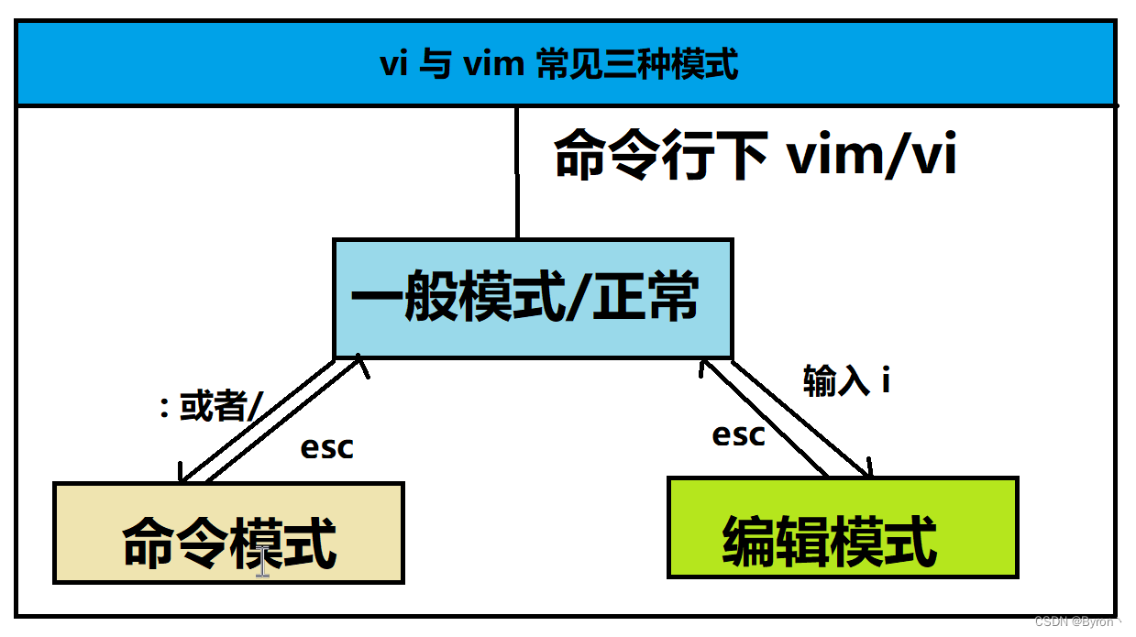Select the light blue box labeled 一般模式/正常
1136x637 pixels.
[532, 298]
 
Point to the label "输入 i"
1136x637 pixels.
[846, 380]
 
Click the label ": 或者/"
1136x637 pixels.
[212, 406]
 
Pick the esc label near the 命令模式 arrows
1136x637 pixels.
[326, 448]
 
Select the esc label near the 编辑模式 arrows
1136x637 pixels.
[738, 435]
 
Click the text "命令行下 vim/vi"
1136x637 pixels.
[755, 157]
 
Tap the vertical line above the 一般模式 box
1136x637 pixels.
[517, 173]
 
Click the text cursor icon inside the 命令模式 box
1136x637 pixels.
[263, 559]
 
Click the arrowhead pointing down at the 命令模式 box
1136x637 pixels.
[182, 476]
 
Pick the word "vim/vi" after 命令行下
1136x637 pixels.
[871, 157]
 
